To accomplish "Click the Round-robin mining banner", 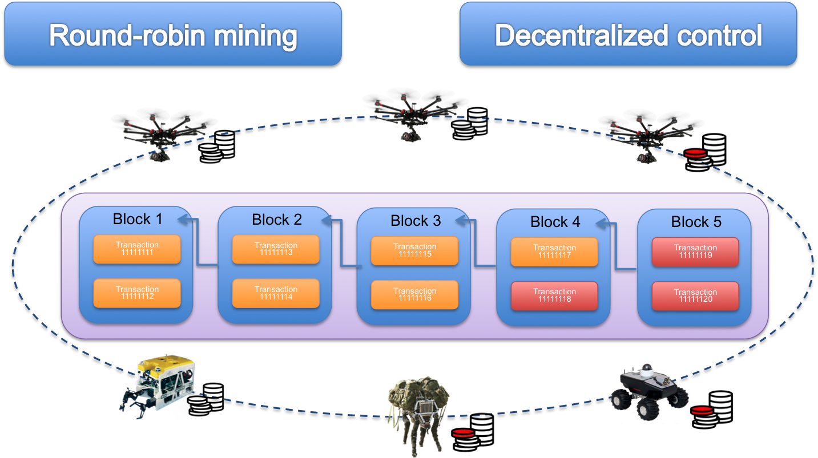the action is (x=173, y=34).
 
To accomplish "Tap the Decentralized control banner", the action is (x=628, y=34).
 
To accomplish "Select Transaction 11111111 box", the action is (x=137, y=249).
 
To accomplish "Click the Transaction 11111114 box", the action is (x=276, y=293).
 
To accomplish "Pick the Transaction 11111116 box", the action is (x=414, y=295).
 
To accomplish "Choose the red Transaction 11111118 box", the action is (x=554, y=295).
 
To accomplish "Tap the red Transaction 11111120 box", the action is (x=695, y=296).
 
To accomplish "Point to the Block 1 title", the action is (x=138, y=219).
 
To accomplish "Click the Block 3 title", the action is (x=416, y=220).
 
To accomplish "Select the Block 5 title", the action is (x=696, y=221).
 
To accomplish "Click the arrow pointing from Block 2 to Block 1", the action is (x=198, y=242).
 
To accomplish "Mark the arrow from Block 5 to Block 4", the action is (x=616, y=247).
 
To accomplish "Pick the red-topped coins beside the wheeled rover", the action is (x=711, y=409).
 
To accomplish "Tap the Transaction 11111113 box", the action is (x=276, y=249).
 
